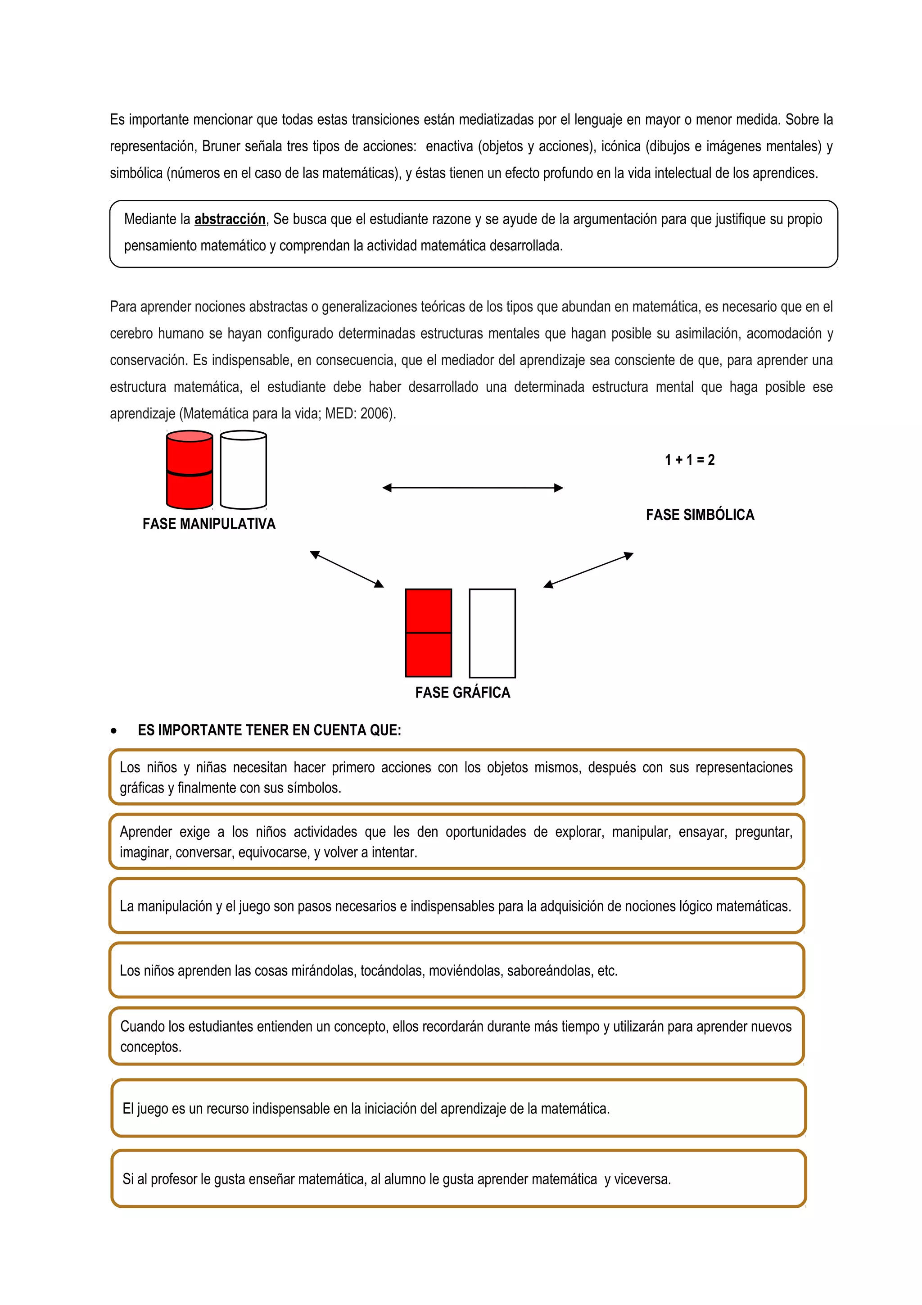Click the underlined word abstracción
(230, 219)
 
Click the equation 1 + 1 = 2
(690, 460)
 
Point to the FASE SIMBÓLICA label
(700, 515)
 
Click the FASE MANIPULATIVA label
(208, 524)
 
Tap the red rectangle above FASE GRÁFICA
(428, 633)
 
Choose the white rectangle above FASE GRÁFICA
(492, 633)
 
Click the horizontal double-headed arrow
(473, 488)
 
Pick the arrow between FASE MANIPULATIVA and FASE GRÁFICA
(347, 569)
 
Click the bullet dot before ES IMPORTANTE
(114, 731)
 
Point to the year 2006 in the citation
(375, 414)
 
